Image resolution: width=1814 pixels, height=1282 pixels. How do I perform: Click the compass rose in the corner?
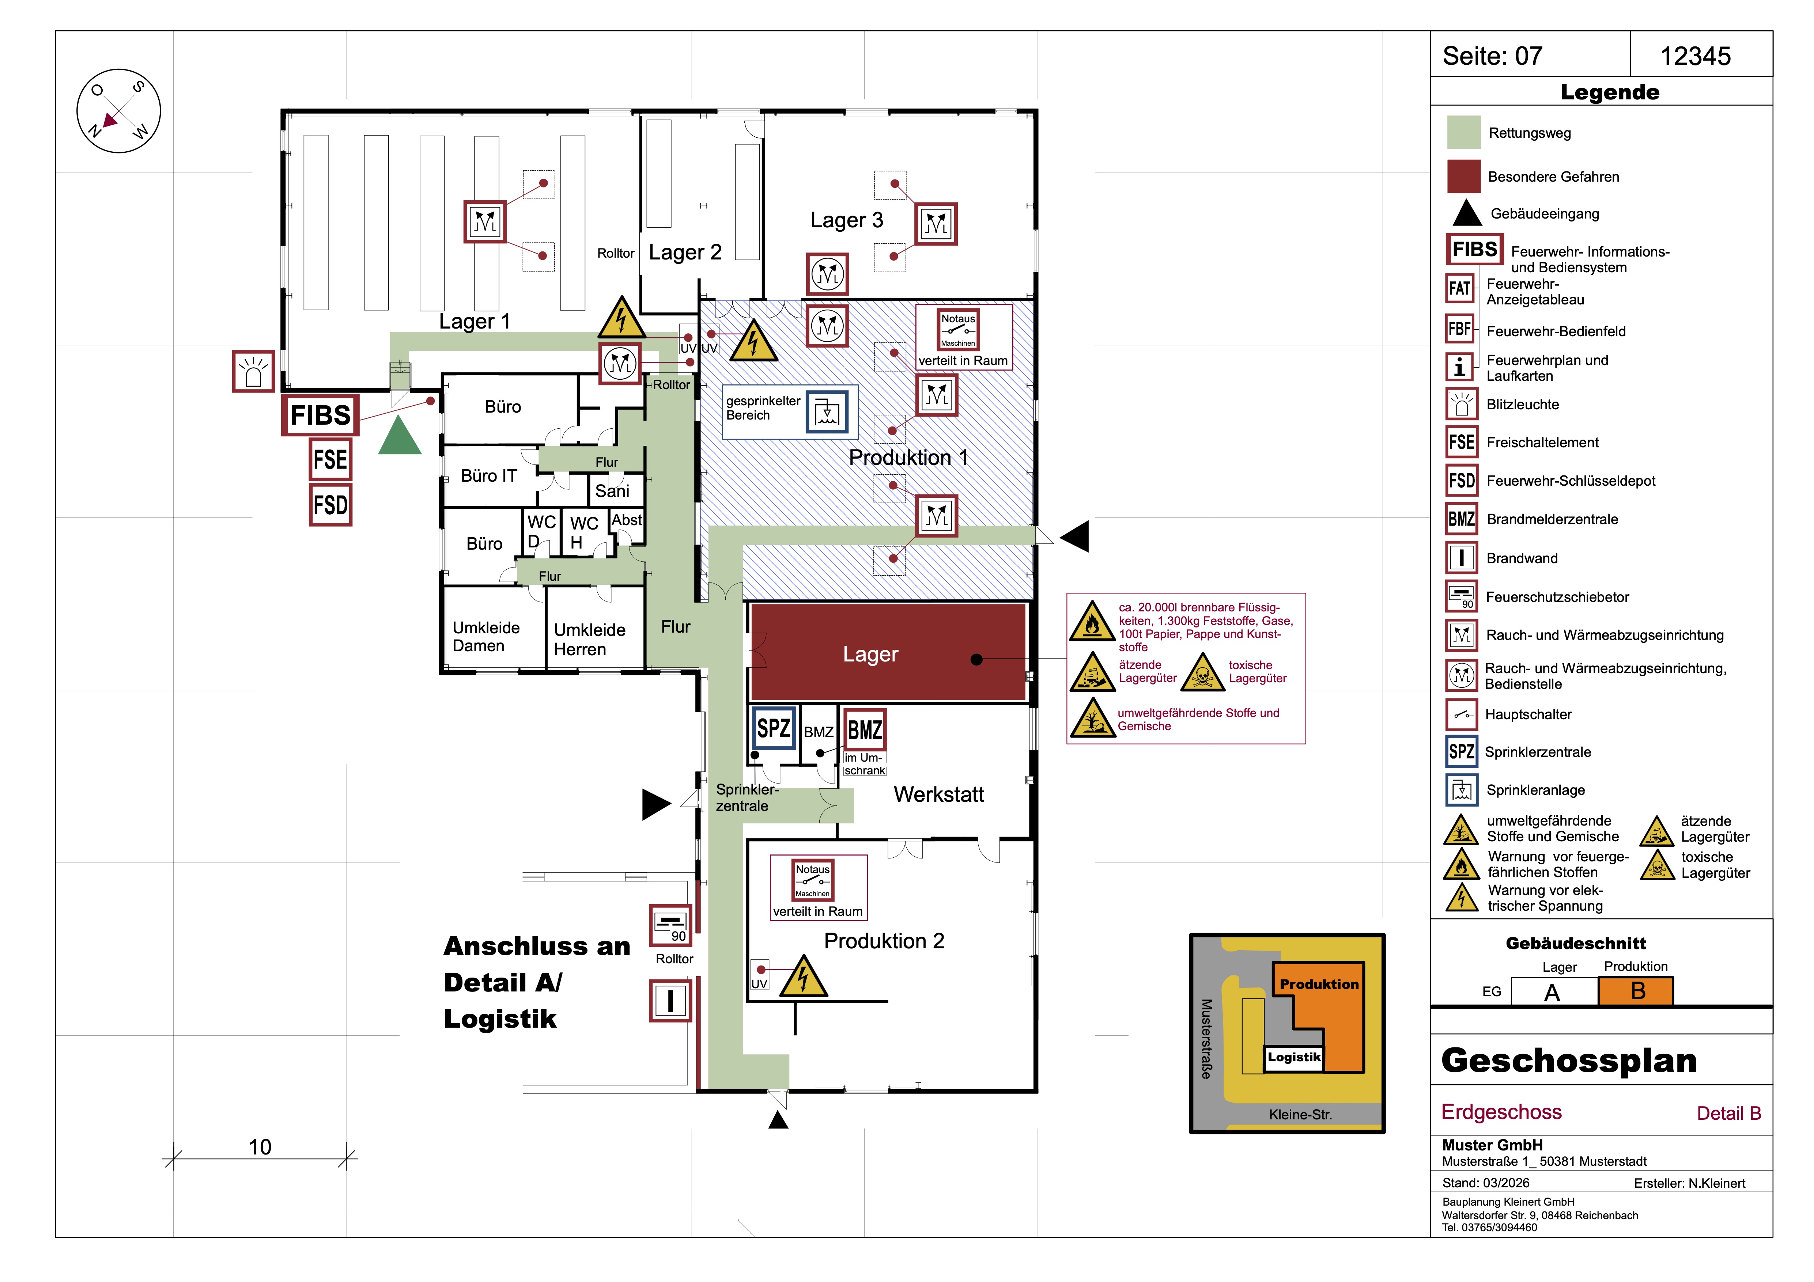tap(118, 111)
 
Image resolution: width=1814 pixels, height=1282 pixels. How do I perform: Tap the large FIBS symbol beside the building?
tap(320, 415)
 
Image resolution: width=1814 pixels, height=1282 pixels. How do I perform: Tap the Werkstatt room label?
tap(938, 794)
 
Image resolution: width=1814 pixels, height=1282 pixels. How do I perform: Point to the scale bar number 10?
tap(260, 1147)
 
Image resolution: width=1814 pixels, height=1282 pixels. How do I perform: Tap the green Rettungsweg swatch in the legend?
tap(1463, 133)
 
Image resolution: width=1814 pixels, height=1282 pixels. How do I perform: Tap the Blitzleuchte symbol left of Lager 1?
tap(253, 371)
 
